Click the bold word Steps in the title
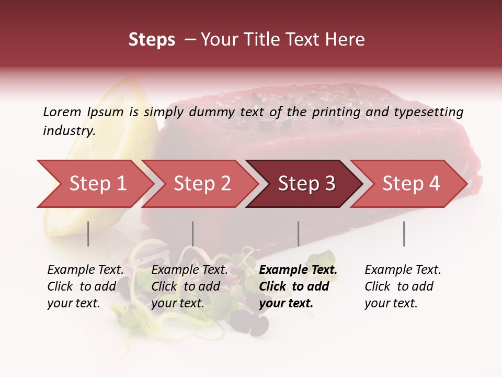click(152, 40)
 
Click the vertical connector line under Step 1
click(88, 234)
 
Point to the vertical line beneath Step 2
click(193, 234)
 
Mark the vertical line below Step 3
click(299, 234)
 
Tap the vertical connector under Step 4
click(404, 234)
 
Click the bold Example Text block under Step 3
click(298, 286)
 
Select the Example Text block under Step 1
click(85, 286)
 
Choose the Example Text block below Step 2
click(189, 286)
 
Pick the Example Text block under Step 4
click(403, 286)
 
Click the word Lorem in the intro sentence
click(62, 112)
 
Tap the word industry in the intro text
click(69, 131)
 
